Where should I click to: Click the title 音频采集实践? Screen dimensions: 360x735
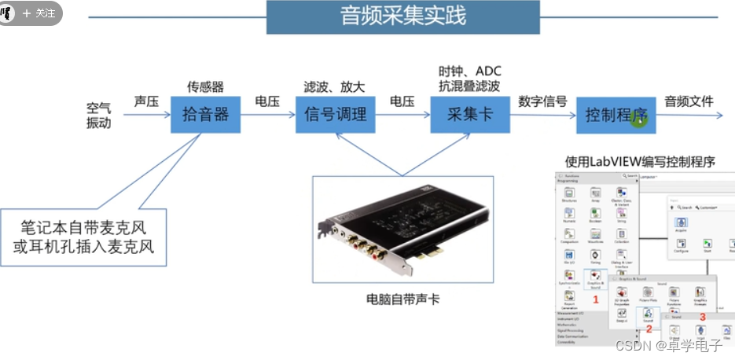[x=402, y=17]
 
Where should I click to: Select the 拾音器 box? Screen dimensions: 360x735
[x=205, y=114]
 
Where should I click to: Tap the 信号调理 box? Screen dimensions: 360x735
[x=336, y=114]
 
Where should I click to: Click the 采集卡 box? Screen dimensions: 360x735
[x=469, y=114]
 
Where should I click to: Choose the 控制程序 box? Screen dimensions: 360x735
[x=616, y=115]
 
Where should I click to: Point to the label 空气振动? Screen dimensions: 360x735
[x=99, y=115]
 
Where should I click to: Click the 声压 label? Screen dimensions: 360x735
[x=146, y=101]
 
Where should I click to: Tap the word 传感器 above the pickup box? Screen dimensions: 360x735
[x=205, y=86]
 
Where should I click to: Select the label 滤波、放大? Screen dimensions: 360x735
[x=334, y=86]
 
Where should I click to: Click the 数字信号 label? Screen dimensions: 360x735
[x=542, y=101]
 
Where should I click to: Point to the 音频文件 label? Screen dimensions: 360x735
[x=689, y=101]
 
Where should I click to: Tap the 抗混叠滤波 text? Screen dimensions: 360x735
[x=469, y=86]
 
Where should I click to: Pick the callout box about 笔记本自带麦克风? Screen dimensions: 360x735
[x=86, y=237]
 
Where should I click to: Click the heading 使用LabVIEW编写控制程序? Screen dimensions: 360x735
[x=640, y=162]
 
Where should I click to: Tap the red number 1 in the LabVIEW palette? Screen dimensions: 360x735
[x=595, y=299]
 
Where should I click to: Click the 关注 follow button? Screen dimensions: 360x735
[x=39, y=13]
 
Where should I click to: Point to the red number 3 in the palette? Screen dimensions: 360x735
[x=702, y=317]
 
